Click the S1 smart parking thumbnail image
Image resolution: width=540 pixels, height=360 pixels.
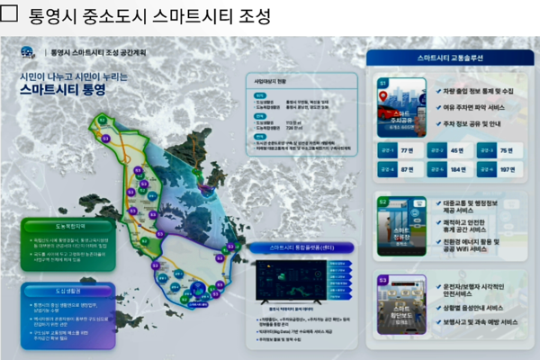tap(401, 105)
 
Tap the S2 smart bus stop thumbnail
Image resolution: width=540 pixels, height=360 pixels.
tap(401, 225)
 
